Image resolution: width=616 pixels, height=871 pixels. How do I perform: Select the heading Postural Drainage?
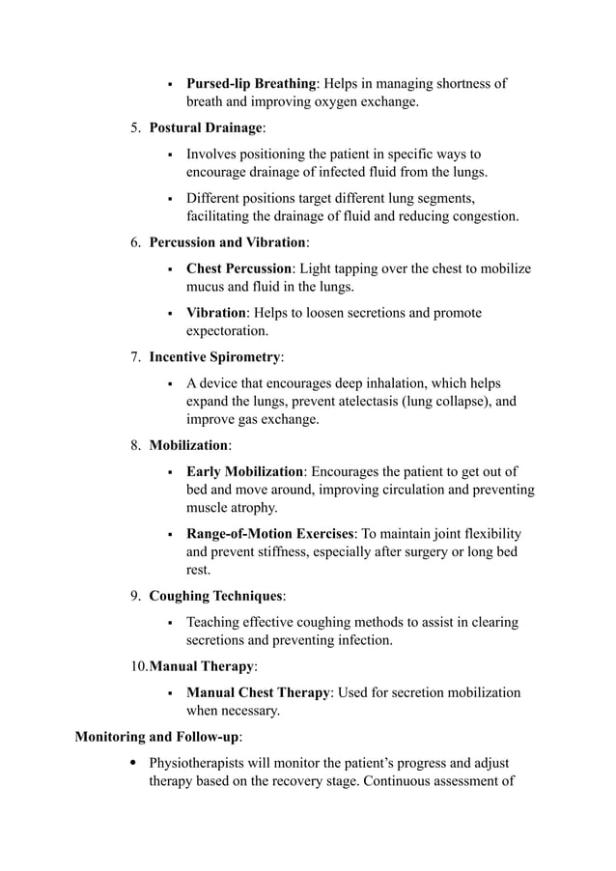(x=206, y=128)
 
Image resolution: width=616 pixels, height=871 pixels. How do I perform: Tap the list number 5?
(x=135, y=128)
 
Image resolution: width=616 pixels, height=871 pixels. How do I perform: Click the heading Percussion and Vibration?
(x=227, y=242)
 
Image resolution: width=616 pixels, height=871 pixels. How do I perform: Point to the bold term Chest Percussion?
(x=238, y=268)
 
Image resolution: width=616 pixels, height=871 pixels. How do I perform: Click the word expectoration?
(x=227, y=331)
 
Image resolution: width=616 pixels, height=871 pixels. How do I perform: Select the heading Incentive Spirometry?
(x=214, y=357)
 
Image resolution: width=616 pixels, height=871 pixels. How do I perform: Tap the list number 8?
(x=135, y=445)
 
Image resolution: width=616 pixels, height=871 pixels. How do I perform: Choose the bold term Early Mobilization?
(x=244, y=471)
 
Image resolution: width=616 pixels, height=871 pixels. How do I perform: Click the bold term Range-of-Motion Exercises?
(x=270, y=534)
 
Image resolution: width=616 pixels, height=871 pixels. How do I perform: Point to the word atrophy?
(x=254, y=508)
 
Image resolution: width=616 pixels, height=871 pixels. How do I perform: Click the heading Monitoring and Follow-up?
(x=157, y=737)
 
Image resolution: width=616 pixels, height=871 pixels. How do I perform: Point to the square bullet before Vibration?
(x=170, y=314)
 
